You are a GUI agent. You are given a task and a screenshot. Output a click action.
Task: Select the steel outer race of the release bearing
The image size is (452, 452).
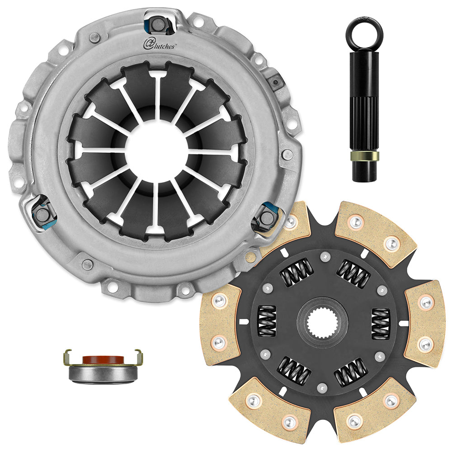click(103, 373)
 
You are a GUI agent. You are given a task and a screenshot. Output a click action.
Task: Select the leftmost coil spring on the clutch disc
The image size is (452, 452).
click(267, 321)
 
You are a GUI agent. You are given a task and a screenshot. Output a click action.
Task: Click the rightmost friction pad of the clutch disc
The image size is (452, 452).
click(424, 323)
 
